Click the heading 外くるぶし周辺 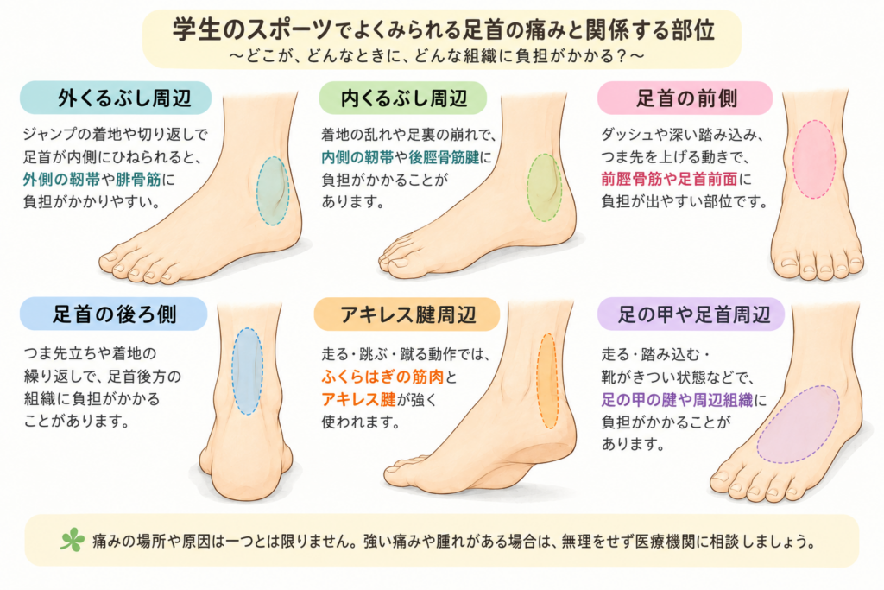tap(124, 98)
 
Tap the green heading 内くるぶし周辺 tap(403, 98)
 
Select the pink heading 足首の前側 tap(686, 98)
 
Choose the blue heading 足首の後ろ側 tap(115, 314)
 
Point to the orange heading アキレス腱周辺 tap(408, 314)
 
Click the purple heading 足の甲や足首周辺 tap(693, 314)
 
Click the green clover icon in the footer tap(73, 540)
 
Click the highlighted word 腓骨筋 tap(138, 180)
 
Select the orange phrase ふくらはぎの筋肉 tap(382, 377)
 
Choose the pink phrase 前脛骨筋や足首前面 tap(669, 180)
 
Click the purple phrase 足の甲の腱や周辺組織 tap(677, 400)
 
